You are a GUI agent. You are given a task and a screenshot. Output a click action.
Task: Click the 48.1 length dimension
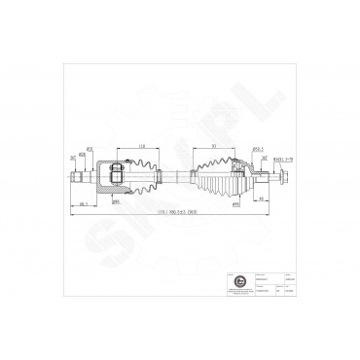coord(86,204)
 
